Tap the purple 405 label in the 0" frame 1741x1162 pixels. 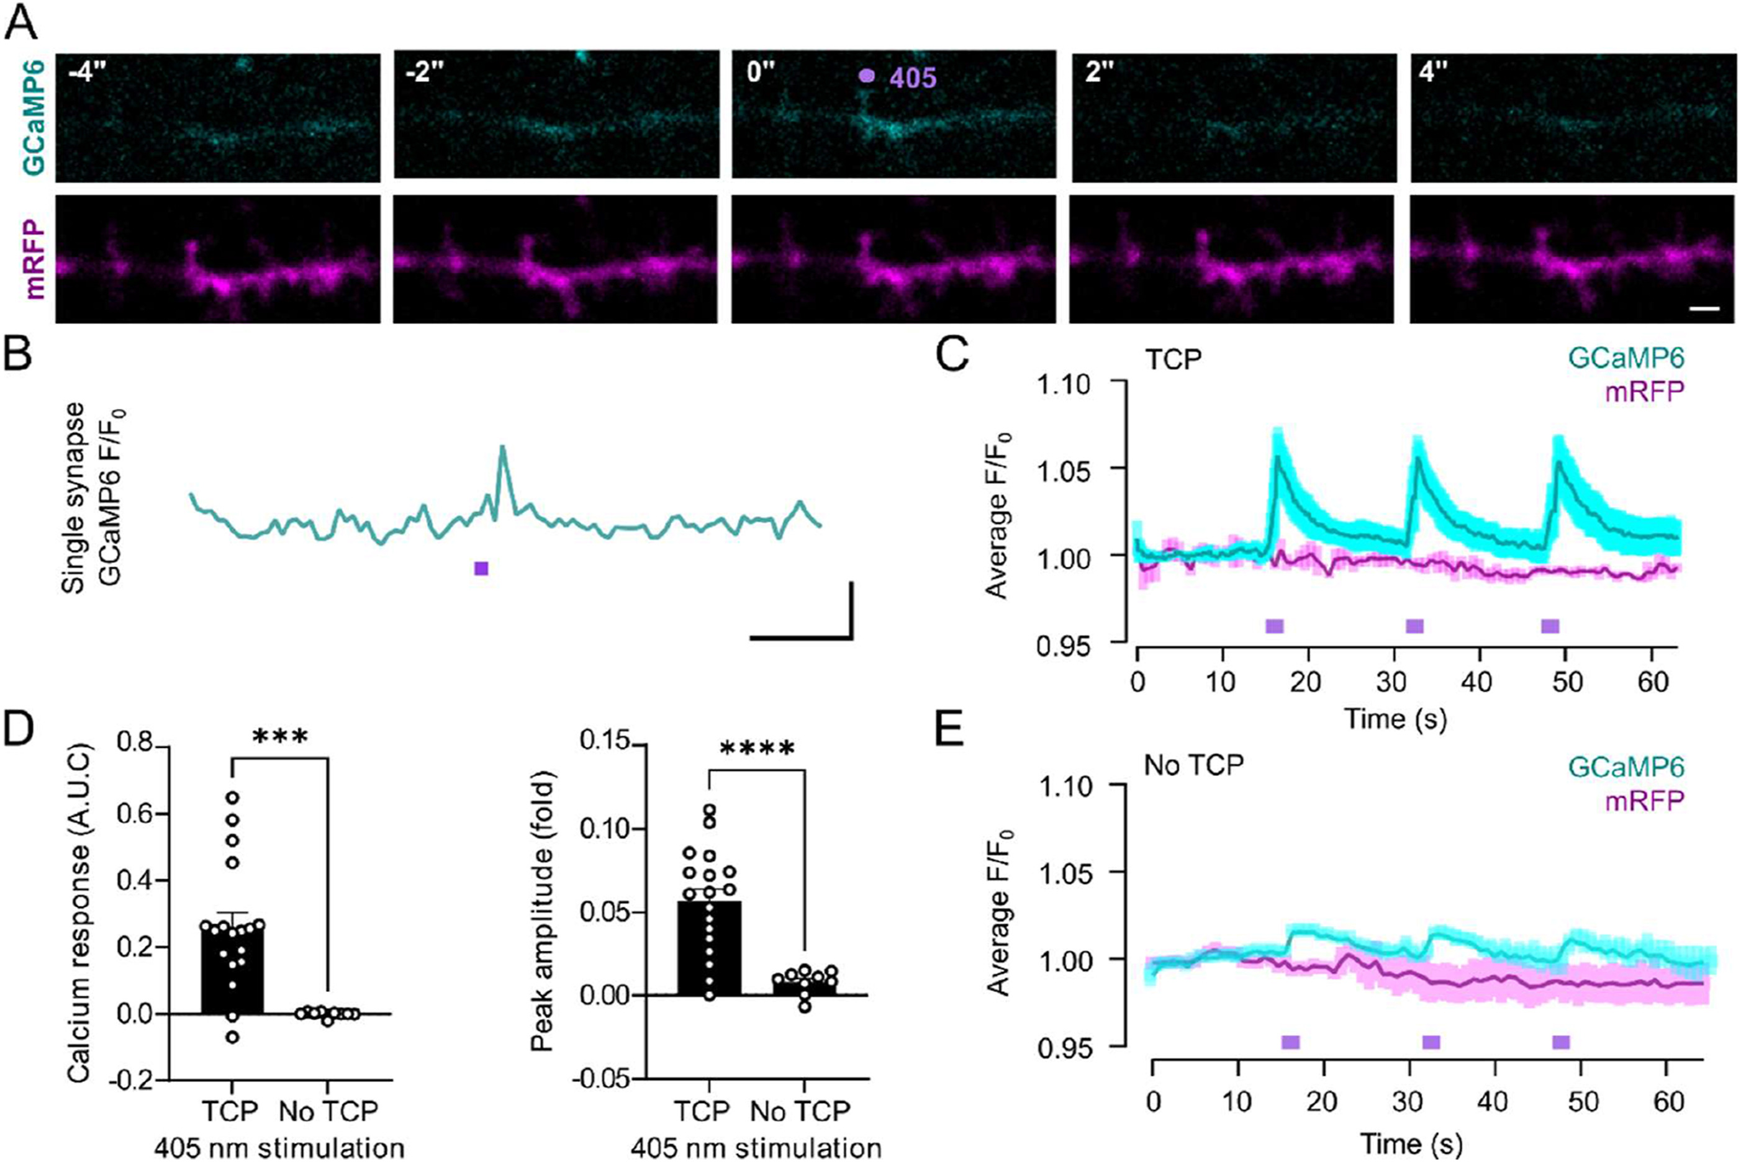click(912, 77)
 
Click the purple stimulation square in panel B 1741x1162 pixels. click(481, 569)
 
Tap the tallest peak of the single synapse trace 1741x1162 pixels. click(502, 447)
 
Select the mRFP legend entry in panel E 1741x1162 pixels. click(1644, 800)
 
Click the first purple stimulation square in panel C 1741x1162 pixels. click(1274, 626)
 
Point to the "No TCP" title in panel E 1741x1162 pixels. click(1193, 765)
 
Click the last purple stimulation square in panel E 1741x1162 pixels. click(1561, 1043)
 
